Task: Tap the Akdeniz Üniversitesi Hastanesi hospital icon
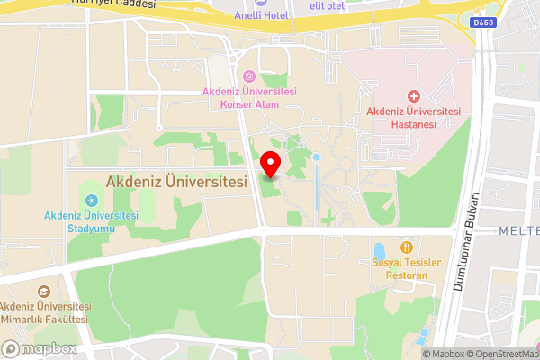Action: [x=414, y=95]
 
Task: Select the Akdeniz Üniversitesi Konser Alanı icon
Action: [x=249, y=75]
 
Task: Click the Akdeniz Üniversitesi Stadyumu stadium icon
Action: [x=90, y=200]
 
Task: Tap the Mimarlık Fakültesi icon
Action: [x=43, y=291]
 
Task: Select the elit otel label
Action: [x=328, y=5]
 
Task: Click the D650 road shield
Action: [x=482, y=22]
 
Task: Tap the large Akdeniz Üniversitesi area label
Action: [x=176, y=181]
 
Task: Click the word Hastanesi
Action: [x=414, y=124]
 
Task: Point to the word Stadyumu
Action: [x=91, y=227]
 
